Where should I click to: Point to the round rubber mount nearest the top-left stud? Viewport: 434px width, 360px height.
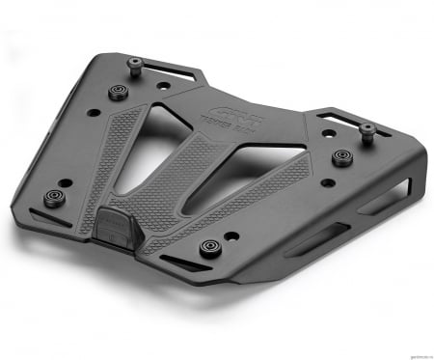(120, 92)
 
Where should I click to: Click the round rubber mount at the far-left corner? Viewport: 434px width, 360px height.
(54, 199)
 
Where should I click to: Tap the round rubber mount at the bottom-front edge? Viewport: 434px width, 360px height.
(208, 247)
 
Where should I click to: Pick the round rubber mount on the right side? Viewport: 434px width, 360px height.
(340, 156)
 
